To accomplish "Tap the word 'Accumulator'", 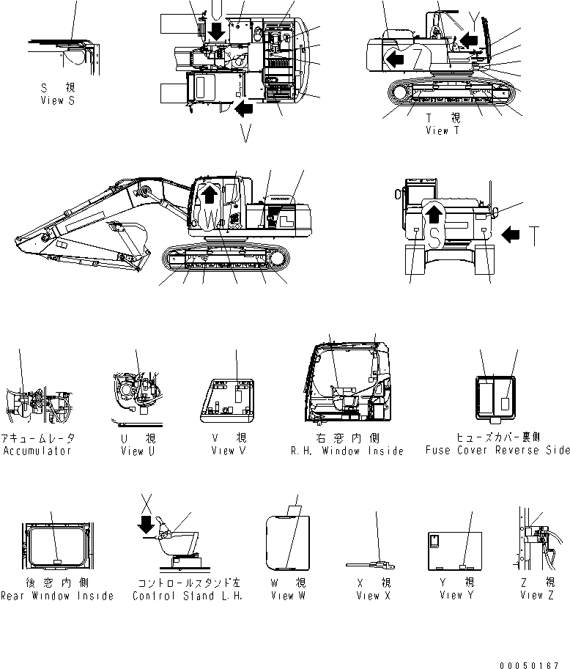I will (37, 451).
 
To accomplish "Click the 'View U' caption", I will (137, 451).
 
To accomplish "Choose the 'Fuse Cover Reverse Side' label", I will (497, 451).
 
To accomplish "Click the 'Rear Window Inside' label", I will (57, 596).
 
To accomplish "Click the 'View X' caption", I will (373, 596).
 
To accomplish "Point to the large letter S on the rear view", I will (435, 235).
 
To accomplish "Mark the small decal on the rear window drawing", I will (56, 561).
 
